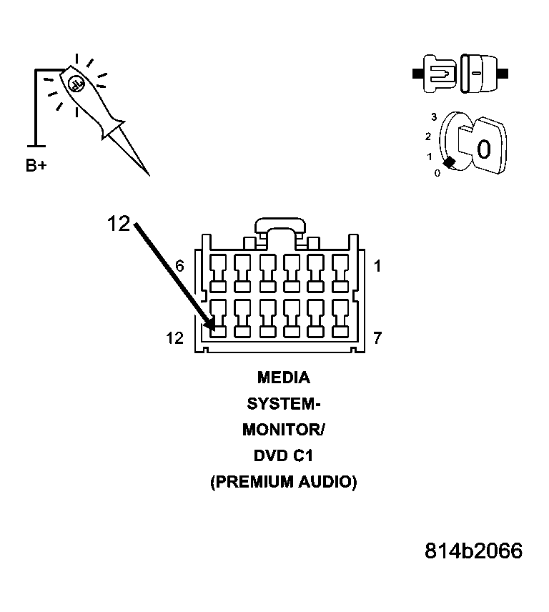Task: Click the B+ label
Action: pyautogui.click(x=36, y=166)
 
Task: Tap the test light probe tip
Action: pyautogui.click(x=147, y=174)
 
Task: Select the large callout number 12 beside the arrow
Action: pyautogui.click(x=119, y=224)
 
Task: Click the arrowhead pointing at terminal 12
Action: pyautogui.click(x=209, y=322)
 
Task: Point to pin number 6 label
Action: pyautogui.click(x=179, y=266)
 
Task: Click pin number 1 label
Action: pyautogui.click(x=377, y=267)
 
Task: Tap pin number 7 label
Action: pyautogui.click(x=377, y=338)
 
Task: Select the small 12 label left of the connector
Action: pyautogui.click(x=175, y=338)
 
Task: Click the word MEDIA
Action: pyautogui.click(x=283, y=377)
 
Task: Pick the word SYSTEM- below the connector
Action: pyautogui.click(x=283, y=404)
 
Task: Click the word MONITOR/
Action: pyautogui.click(x=283, y=430)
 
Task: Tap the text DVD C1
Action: pyautogui.click(x=283, y=456)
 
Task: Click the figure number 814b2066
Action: pyautogui.click(x=473, y=551)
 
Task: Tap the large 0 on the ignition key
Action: pyautogui.click(x=483, y=149)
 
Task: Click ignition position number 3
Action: pyautogui.click(x=433, y=116)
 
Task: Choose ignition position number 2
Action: pyautogui.click(x=428, y=136)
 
